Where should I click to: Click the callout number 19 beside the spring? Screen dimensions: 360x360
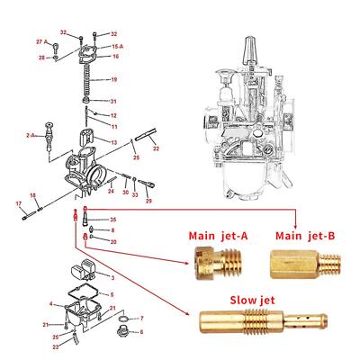point(113,78)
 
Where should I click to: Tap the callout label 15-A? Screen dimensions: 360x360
point(117,45)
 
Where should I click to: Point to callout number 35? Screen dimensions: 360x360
point(112,220)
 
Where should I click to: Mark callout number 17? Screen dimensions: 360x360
point(18,204)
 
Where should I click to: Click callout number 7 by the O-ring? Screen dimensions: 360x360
point(141,319)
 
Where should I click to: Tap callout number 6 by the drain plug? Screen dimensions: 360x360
point(141,332)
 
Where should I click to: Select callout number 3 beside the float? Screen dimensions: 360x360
point(112,278)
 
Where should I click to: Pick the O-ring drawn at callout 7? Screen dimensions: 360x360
point(122,319)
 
